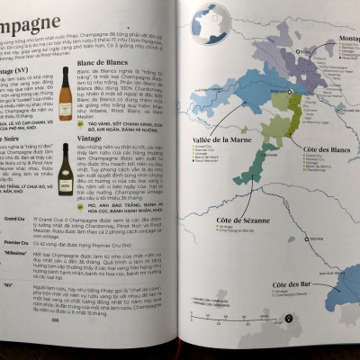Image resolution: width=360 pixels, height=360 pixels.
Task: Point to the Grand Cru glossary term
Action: point(14,219)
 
